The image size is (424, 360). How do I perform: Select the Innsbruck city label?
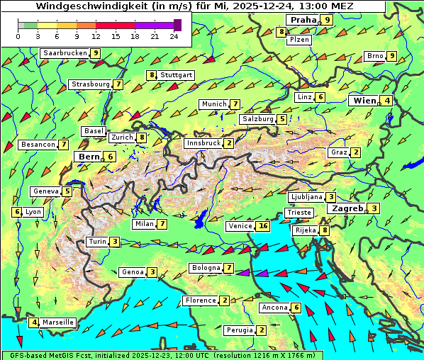203,143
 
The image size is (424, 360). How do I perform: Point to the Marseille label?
57,322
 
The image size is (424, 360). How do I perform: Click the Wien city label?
364,101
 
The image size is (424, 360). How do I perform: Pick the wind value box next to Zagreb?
374,208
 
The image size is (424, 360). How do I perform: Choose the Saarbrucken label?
65,53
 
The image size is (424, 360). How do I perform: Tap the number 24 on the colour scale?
174,36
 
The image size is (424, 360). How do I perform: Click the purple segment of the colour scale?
154,25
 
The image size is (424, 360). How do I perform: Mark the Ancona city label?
274,308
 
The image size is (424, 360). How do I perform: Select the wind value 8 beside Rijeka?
325,230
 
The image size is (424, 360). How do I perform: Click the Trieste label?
298,213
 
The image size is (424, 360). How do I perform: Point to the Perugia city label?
239,330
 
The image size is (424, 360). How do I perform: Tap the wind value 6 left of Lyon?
17,212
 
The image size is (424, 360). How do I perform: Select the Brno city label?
374,56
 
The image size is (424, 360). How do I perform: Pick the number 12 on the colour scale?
96,36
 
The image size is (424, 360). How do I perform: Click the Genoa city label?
132,272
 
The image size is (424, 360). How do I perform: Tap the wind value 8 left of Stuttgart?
151,75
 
